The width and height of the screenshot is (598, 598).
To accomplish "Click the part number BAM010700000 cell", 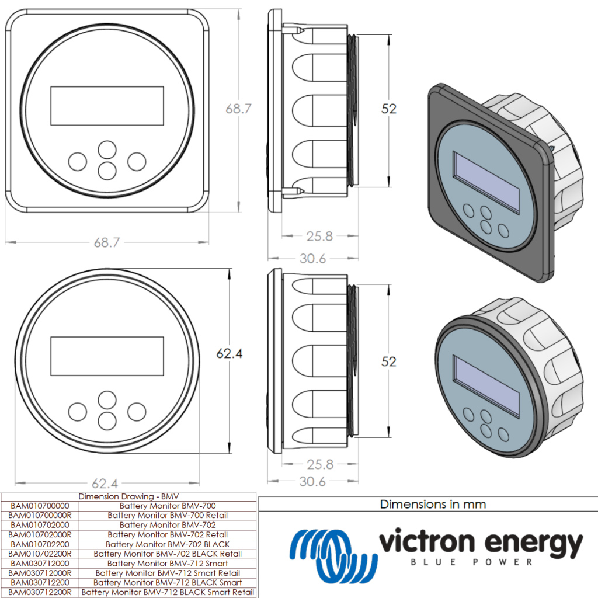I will point(40,506).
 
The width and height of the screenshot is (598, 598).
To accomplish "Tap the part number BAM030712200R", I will point(40,592).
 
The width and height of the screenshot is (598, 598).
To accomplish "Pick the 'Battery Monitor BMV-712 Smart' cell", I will point(168,564).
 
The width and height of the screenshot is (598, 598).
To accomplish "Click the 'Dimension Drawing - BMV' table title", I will point(128,496).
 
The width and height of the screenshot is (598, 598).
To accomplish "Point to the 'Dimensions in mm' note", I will point(433,504).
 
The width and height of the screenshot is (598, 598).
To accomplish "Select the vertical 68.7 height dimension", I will point(238,109).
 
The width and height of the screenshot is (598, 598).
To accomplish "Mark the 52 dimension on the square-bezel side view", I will point(389,109).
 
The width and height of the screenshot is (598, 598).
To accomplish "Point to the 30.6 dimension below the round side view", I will point(312,481).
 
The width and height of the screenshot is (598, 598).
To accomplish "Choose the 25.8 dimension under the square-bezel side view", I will point(319,236).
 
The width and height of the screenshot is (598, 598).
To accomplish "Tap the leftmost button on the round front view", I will point(78,411).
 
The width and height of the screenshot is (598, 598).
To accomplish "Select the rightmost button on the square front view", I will point(137,161).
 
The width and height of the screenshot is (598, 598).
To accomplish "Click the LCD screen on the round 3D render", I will point(486,386).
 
